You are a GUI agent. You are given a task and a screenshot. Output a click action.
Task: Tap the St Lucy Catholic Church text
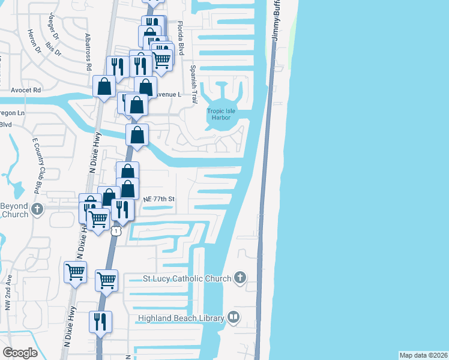click(187, 278)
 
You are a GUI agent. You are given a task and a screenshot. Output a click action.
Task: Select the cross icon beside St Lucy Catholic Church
click(240, 277)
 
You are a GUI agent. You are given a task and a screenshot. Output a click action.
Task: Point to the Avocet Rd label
click(26, 90)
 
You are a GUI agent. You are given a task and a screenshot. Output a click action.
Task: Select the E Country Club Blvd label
click(36, 164)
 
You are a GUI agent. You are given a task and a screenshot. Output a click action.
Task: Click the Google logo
click(20, 353)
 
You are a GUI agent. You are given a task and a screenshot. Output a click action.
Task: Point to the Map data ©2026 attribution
click(424, 355)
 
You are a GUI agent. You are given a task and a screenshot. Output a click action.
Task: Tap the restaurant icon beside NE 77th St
click(122, 209)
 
